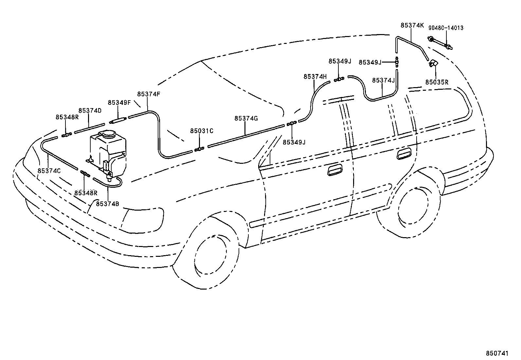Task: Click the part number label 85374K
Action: [412, 25]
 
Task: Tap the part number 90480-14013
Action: [446, 28]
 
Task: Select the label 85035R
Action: [437, 82]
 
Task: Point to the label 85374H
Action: [315, 77]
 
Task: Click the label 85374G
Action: [246, 119]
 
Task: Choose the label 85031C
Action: [202, 131]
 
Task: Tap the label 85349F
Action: [119, 103]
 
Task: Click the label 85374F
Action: [149, 94]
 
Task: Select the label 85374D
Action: [90, 111]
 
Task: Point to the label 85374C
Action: [49, 171]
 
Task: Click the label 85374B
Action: [107, 204]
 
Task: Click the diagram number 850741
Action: [497, 353]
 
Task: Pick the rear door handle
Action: [404, 154]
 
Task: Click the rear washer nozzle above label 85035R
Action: [433, 64]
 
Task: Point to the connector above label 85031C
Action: [199, 149]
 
